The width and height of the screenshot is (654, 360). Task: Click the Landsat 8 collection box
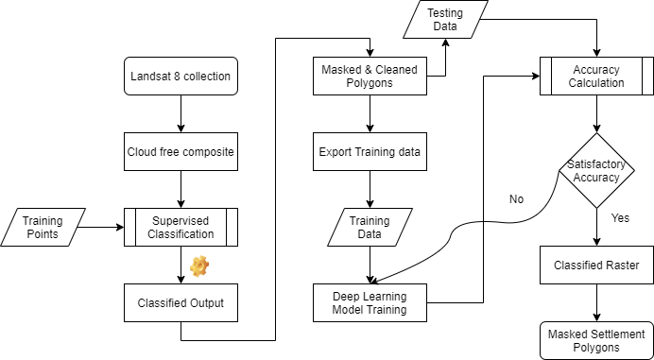point(181,76)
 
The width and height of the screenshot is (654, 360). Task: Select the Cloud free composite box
point(181,151)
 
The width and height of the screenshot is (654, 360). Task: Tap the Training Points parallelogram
point(43,227)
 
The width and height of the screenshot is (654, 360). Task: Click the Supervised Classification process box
point(181,227)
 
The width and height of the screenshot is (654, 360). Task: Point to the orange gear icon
point(199,266)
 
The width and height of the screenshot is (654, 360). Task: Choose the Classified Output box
point(181,303)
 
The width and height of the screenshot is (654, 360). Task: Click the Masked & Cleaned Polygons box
point(370,76)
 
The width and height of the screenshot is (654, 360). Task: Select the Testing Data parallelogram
point(445,19)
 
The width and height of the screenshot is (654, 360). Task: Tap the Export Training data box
point(370,151)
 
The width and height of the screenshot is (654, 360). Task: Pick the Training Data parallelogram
point(370,227)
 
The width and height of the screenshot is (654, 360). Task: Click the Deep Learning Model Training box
point(370,303)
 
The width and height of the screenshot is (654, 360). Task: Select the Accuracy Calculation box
point(597,76)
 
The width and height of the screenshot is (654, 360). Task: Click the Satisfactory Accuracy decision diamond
point(597,170)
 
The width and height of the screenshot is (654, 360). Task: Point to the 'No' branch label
point(516,199)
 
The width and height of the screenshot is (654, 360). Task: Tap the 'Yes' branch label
point(620,217)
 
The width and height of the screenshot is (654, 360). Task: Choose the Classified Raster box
point(597,265)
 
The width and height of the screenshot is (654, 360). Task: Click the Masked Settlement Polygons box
point(597,340)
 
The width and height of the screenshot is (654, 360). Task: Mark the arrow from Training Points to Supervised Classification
point(101,227)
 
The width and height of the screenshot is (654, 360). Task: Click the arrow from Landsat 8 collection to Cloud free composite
point(181,114)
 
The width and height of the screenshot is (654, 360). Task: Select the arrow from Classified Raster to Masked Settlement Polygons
point(597,303)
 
